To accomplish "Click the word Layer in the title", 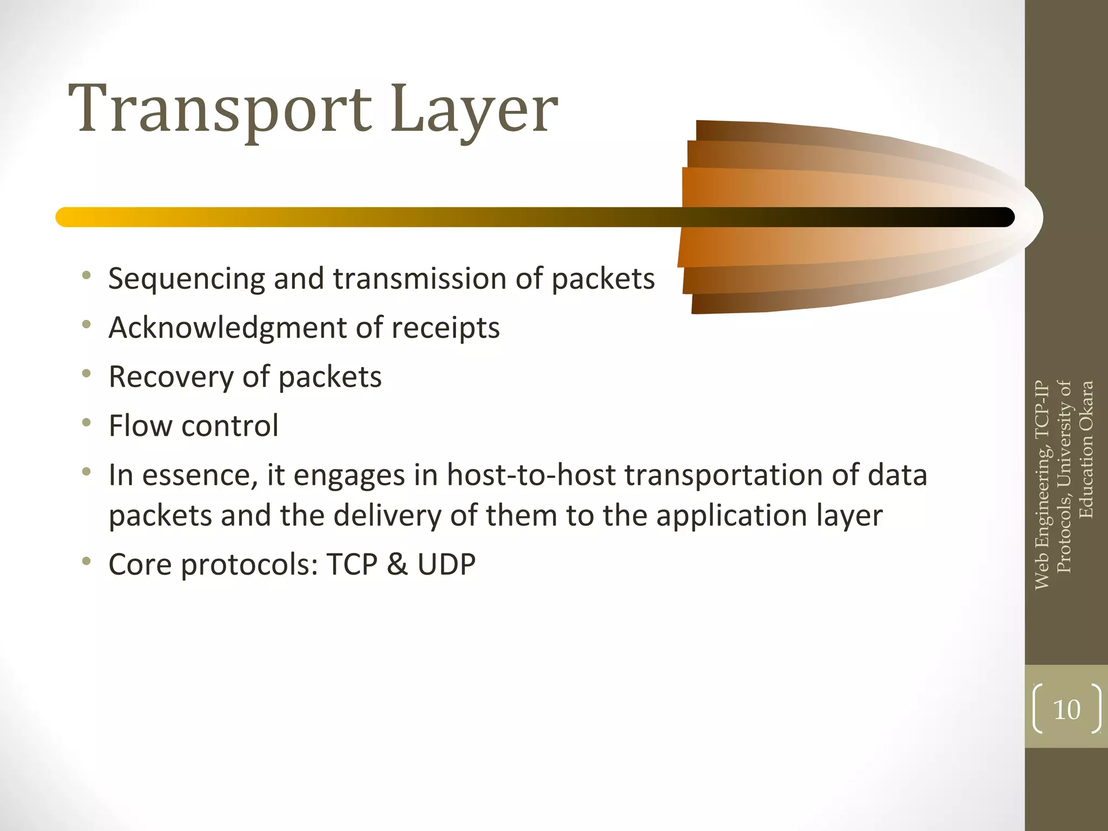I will (474, 109).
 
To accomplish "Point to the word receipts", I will (445, 328).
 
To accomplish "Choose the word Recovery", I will (171, 377).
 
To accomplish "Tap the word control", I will (230, 425).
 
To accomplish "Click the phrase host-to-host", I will (531, 475).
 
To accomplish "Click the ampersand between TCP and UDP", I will (397, 564).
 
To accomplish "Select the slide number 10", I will (1066, 710).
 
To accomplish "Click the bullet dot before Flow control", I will (86, 423).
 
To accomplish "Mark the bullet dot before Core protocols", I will (86, 562).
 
